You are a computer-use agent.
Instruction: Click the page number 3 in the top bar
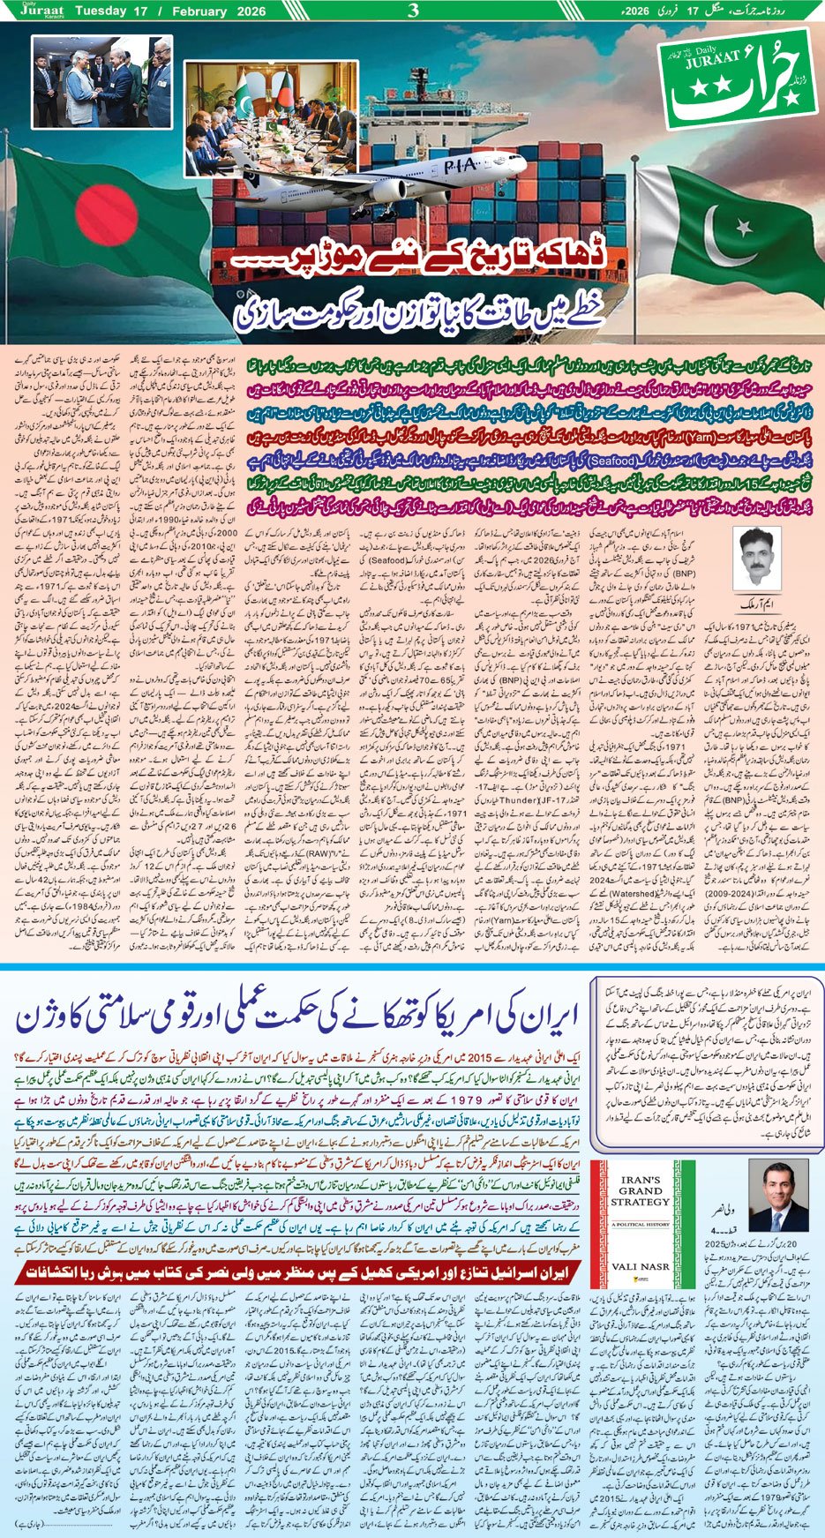tap(413, 11)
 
